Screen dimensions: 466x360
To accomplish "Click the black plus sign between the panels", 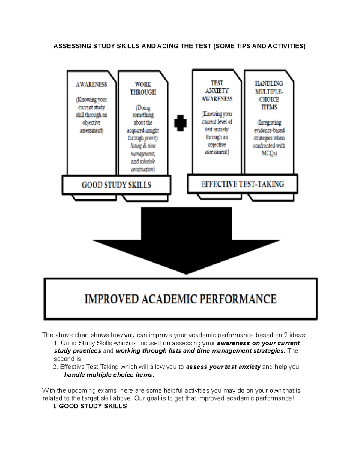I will tap(180, 123).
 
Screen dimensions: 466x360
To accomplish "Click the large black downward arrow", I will tap(186, 240).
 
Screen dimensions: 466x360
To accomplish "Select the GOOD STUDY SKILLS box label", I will tap(116, 185).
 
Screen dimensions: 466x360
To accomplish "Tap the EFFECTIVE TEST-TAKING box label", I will tap(242, 184).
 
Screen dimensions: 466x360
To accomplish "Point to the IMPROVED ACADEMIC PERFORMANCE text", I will tap(181, 299).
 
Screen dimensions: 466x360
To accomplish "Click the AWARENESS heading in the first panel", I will tap(91, 85).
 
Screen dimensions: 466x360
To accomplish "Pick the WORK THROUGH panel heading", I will tap(143, 89).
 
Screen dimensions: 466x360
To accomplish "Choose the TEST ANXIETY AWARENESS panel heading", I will tap(217, 91).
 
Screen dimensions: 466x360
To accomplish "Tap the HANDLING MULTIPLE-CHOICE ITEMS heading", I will tap(269, 95).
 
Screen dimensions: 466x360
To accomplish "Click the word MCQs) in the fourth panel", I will tap(269, 153).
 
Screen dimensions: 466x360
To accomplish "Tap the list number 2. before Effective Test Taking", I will tap(55, 367).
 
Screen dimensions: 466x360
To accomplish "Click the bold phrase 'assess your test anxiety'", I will tap(223, 367).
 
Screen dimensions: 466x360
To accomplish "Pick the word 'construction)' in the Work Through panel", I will tap(143, 169).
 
